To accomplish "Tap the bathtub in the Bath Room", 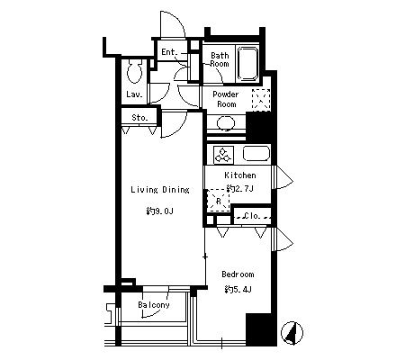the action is click(247, 63).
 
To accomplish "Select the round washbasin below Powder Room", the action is click(226, 123).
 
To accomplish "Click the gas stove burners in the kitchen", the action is click(223, 155).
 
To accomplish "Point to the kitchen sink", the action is click(256, 154).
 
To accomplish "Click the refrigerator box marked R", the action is click(219, 201).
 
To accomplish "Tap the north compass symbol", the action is click(292, 333).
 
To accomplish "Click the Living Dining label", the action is click(160, 190).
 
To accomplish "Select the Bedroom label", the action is click(238, 274).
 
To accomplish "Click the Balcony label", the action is click(154, 305).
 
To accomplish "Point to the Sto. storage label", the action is click(139, 118).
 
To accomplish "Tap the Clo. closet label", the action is click(252, 216).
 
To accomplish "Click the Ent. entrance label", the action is click(169, 52).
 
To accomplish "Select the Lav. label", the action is click(134, 94).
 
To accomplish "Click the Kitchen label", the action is click(240, 175).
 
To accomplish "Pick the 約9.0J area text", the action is click(159, 211).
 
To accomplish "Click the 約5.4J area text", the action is click(238, 290).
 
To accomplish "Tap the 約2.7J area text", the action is click(240, 188).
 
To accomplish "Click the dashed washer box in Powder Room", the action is click(261, 100).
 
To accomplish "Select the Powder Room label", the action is click(226, 99).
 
